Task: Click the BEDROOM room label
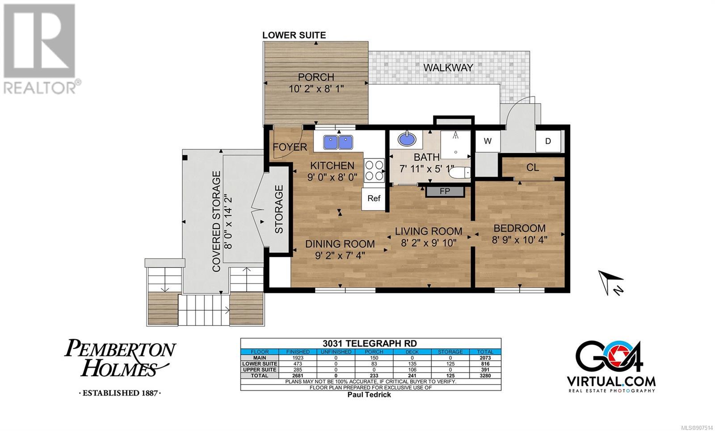pos(519,228)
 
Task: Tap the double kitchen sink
pos(338,142)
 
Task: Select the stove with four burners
pos(374,171)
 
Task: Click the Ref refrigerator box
pos(374,198)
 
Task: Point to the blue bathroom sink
pos(407,139)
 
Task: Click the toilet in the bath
pos(460,173)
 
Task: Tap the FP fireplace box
pos(445,192)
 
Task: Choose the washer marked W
pos(488,141)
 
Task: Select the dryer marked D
pos(548,141)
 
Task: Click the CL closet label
pos(533,167)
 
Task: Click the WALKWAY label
pos(448,67)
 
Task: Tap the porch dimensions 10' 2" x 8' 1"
pos(316,89)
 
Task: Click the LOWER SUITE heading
pos(294,35)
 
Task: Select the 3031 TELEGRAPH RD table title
pos(370,343)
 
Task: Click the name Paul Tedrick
pos(369,395)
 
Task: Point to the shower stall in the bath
pos(455,145)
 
